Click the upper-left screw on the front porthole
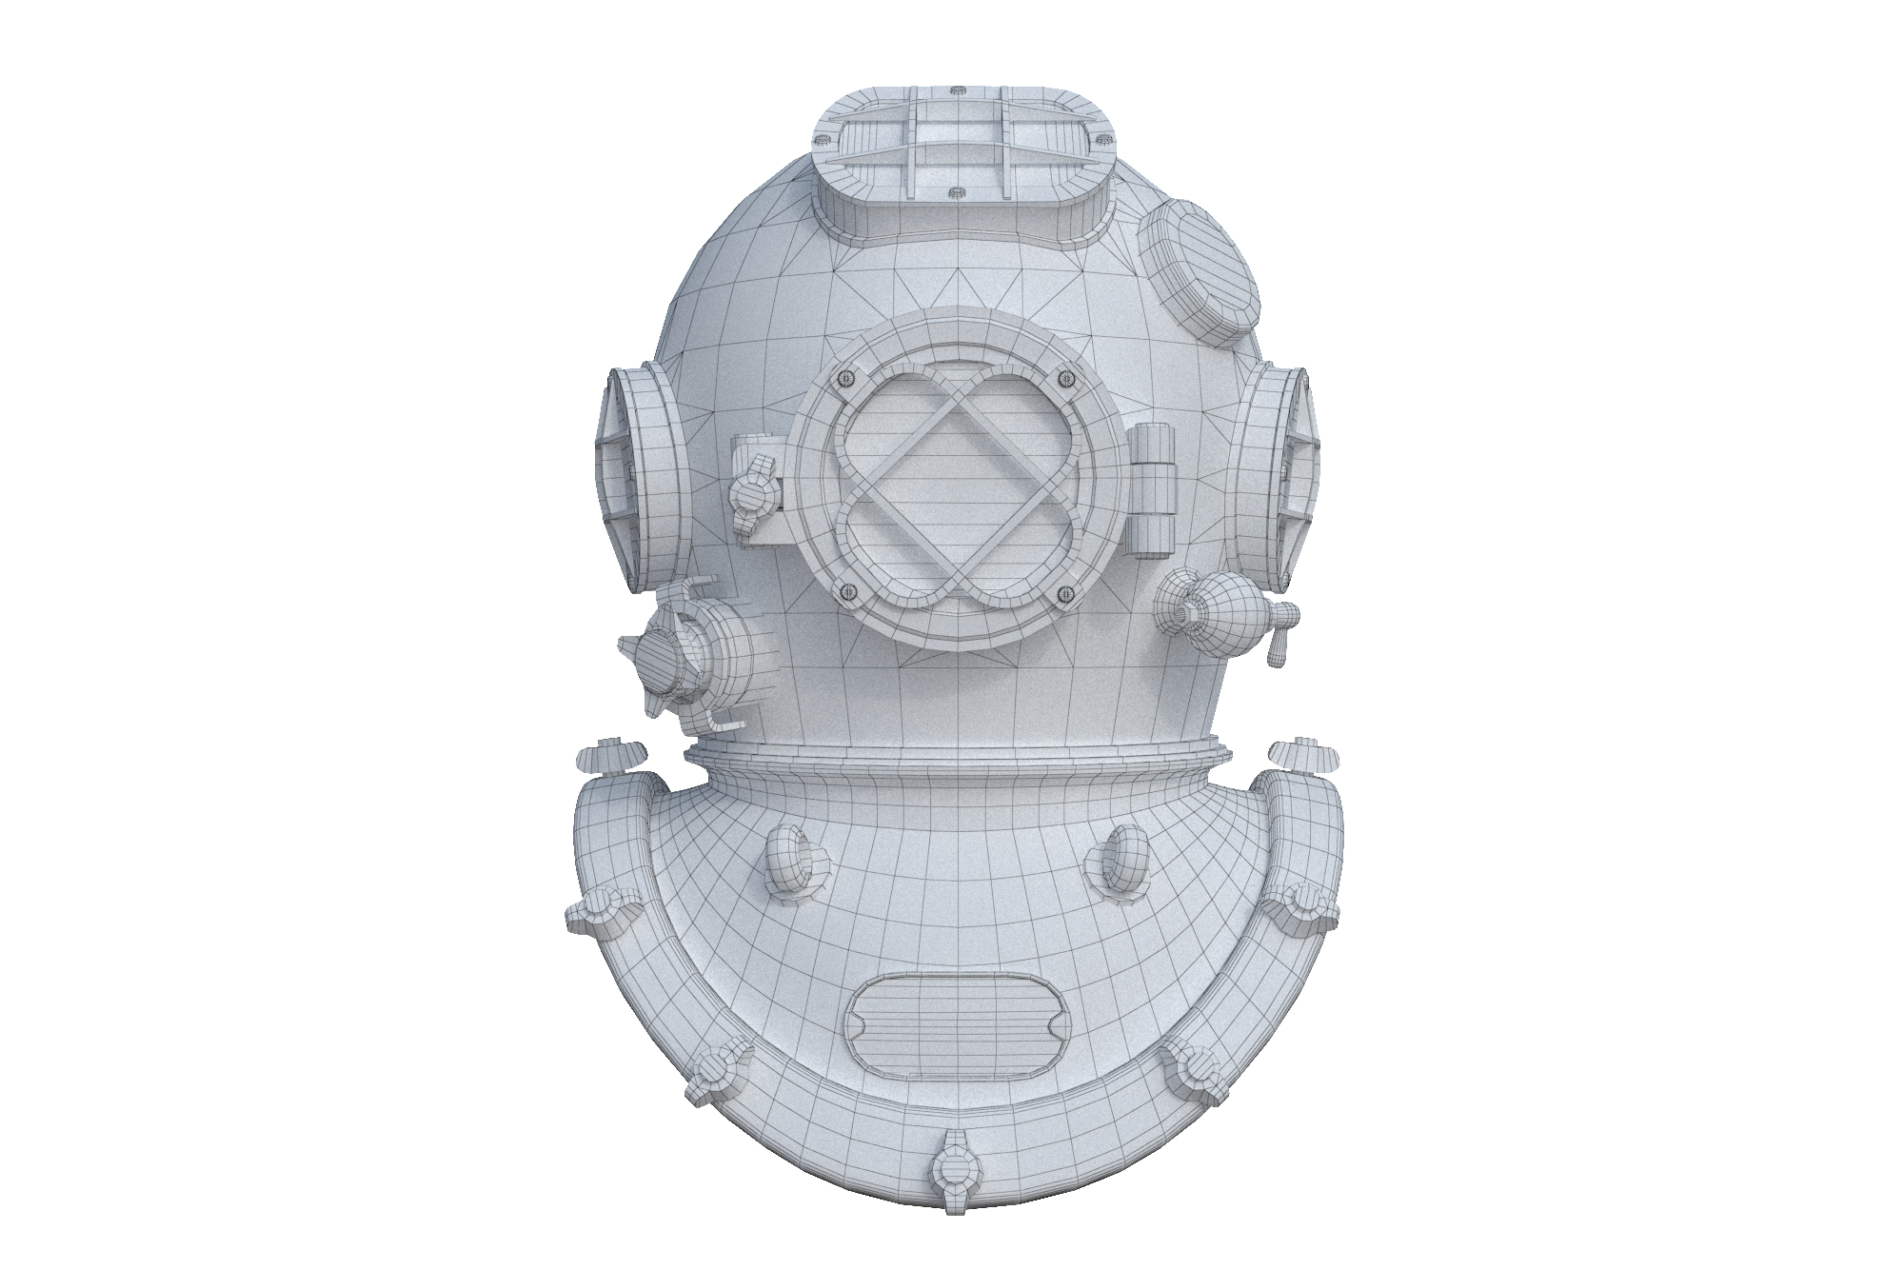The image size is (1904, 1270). click(843, 379)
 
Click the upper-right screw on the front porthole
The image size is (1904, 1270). click(1064, 379)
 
